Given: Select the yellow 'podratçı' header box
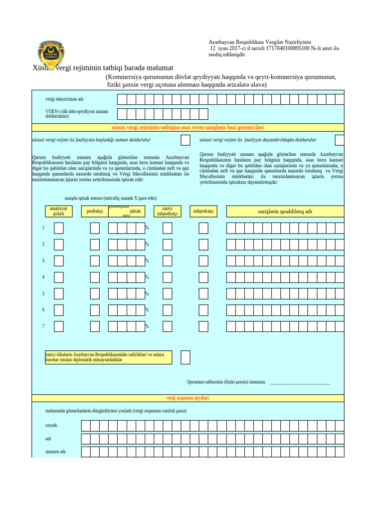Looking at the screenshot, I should point(95,211).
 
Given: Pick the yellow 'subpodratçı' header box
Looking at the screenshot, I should point(203,211).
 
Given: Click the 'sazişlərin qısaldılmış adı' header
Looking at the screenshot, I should point(285,211).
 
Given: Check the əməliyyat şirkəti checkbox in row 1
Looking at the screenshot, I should point(59,228).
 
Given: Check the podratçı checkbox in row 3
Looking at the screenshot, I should point(95,261).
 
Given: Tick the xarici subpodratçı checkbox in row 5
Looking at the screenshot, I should point(167,293).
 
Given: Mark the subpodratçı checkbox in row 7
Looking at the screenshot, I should point(203,326).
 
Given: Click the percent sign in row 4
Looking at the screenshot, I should point(147,277).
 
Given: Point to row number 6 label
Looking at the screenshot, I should point(43,310).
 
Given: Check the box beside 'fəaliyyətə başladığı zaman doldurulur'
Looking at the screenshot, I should point(185,140).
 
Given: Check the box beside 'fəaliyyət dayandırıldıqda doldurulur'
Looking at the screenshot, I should point(340,140).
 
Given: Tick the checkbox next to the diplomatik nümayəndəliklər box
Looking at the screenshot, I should point(185,357).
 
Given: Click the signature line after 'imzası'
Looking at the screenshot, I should point(300,383).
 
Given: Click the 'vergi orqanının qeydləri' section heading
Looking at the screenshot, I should point(188,398).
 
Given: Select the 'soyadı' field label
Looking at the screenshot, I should point(51,426).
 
